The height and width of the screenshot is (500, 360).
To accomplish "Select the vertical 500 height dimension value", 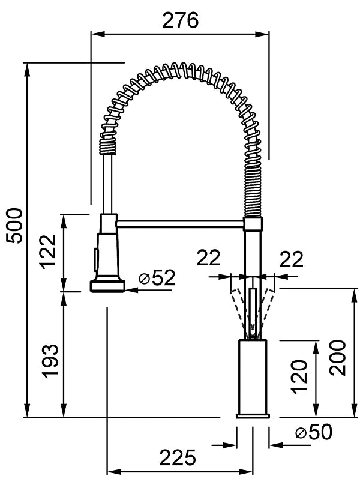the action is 14,226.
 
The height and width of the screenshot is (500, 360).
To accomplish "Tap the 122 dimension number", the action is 48,252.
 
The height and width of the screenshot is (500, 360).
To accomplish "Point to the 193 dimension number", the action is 51,361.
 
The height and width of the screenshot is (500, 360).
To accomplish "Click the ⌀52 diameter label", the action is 157,277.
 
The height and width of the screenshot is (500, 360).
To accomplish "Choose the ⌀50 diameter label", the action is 314,432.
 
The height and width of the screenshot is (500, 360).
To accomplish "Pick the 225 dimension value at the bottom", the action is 177,457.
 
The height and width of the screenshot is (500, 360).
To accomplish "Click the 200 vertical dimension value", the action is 338,358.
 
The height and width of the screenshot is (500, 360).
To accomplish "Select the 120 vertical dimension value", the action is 299,376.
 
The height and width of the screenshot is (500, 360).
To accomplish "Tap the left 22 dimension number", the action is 209,258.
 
